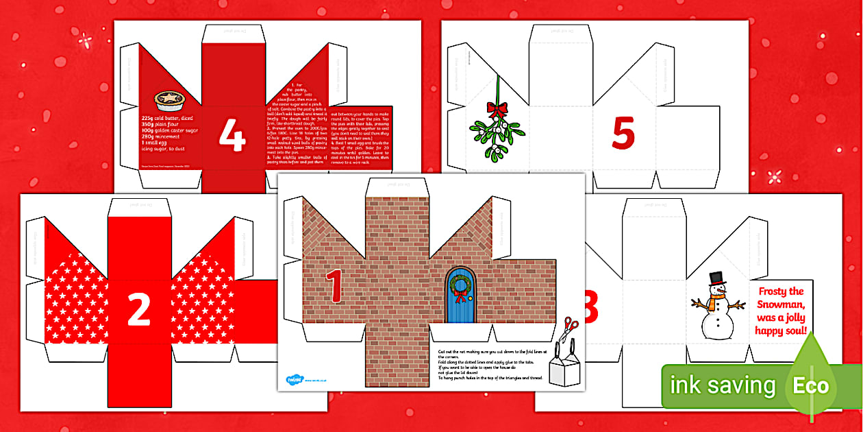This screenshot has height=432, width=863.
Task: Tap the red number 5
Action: pyautogui.click(x=623, y=134)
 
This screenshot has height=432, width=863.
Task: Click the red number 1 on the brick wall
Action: pyautogui.click(x=334, y=285)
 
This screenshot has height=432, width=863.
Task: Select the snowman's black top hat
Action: pyautogui.click(x=716, y=278)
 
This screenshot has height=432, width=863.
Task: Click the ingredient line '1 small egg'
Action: pyautogui.click(x=162, y=141)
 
